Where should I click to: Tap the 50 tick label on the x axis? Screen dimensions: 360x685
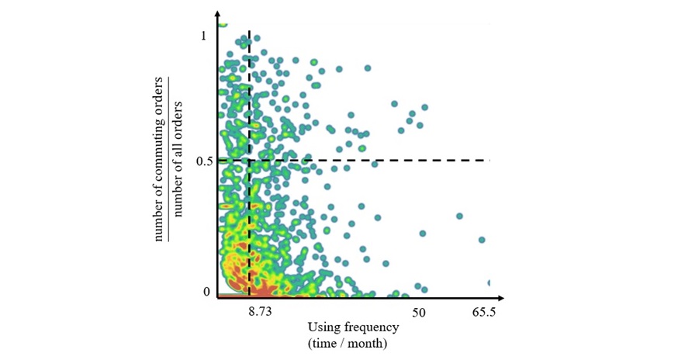coord(419,311)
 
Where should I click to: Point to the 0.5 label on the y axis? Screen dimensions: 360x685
coord(206,161)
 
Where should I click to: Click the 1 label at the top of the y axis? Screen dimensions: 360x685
coord(204,36)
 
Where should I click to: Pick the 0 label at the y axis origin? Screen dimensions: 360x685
coord(206,292)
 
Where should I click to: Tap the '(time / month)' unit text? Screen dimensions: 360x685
coord(348,342)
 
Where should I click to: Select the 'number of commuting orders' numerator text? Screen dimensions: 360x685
coord(160,159)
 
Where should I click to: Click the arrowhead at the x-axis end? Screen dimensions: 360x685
coord(502,297)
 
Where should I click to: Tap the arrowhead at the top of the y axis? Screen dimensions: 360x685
coord(218,15)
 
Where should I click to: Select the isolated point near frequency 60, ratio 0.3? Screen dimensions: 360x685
coord(459,216)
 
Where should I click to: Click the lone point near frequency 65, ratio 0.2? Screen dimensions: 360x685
coord(482,240)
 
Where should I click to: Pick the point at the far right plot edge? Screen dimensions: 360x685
coord(490,282)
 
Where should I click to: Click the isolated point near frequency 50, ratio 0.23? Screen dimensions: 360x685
coord(423,233)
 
